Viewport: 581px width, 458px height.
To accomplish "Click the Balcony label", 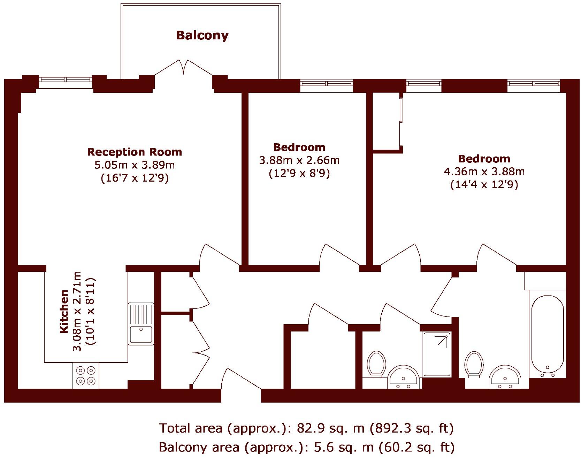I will point(202,35).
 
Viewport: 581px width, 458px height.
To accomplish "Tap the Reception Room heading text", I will point(135,152).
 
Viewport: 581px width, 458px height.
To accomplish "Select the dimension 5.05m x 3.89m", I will point(135,165).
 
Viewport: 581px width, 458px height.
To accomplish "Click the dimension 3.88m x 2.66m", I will point(299,160).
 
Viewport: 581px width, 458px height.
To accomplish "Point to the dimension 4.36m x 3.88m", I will point(484,171).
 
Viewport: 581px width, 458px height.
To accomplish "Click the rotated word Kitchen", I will point(64,311).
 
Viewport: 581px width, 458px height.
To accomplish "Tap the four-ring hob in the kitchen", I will point(86,375).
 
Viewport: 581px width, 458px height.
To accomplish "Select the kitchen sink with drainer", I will point(141,323).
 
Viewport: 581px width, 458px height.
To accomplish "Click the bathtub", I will point(547,336).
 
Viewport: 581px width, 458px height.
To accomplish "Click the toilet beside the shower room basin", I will point(376,364).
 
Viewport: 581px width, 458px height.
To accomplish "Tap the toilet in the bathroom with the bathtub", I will point(474,364).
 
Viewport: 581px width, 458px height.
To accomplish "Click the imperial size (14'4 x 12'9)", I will point(484,184).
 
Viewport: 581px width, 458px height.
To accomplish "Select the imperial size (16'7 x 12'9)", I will point(135,178).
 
